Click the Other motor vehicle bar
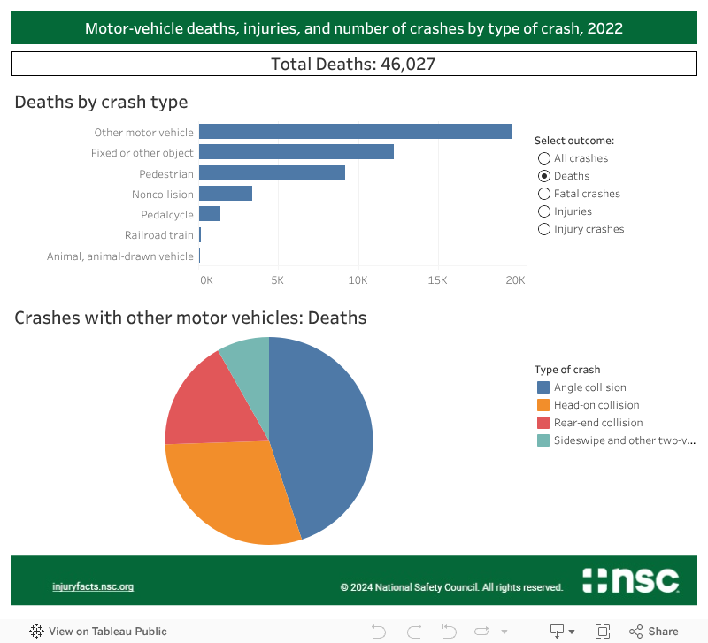pos(355,132)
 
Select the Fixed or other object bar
pos(296,153)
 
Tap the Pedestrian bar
pos(272,173)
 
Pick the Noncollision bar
pos(226,194)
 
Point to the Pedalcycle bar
pos(210,214)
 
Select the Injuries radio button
pos(544,211)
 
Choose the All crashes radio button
pos(544,158)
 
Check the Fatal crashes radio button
pos(544,194)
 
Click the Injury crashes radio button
pos(544,229)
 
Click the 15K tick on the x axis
pos(437,280)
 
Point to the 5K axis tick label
pos(277,280)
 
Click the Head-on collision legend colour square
pos(543,405)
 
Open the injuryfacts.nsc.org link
pos(93,586)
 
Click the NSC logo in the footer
pos(631,581)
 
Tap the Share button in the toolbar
pos(654,632)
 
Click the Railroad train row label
pos(158,235)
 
